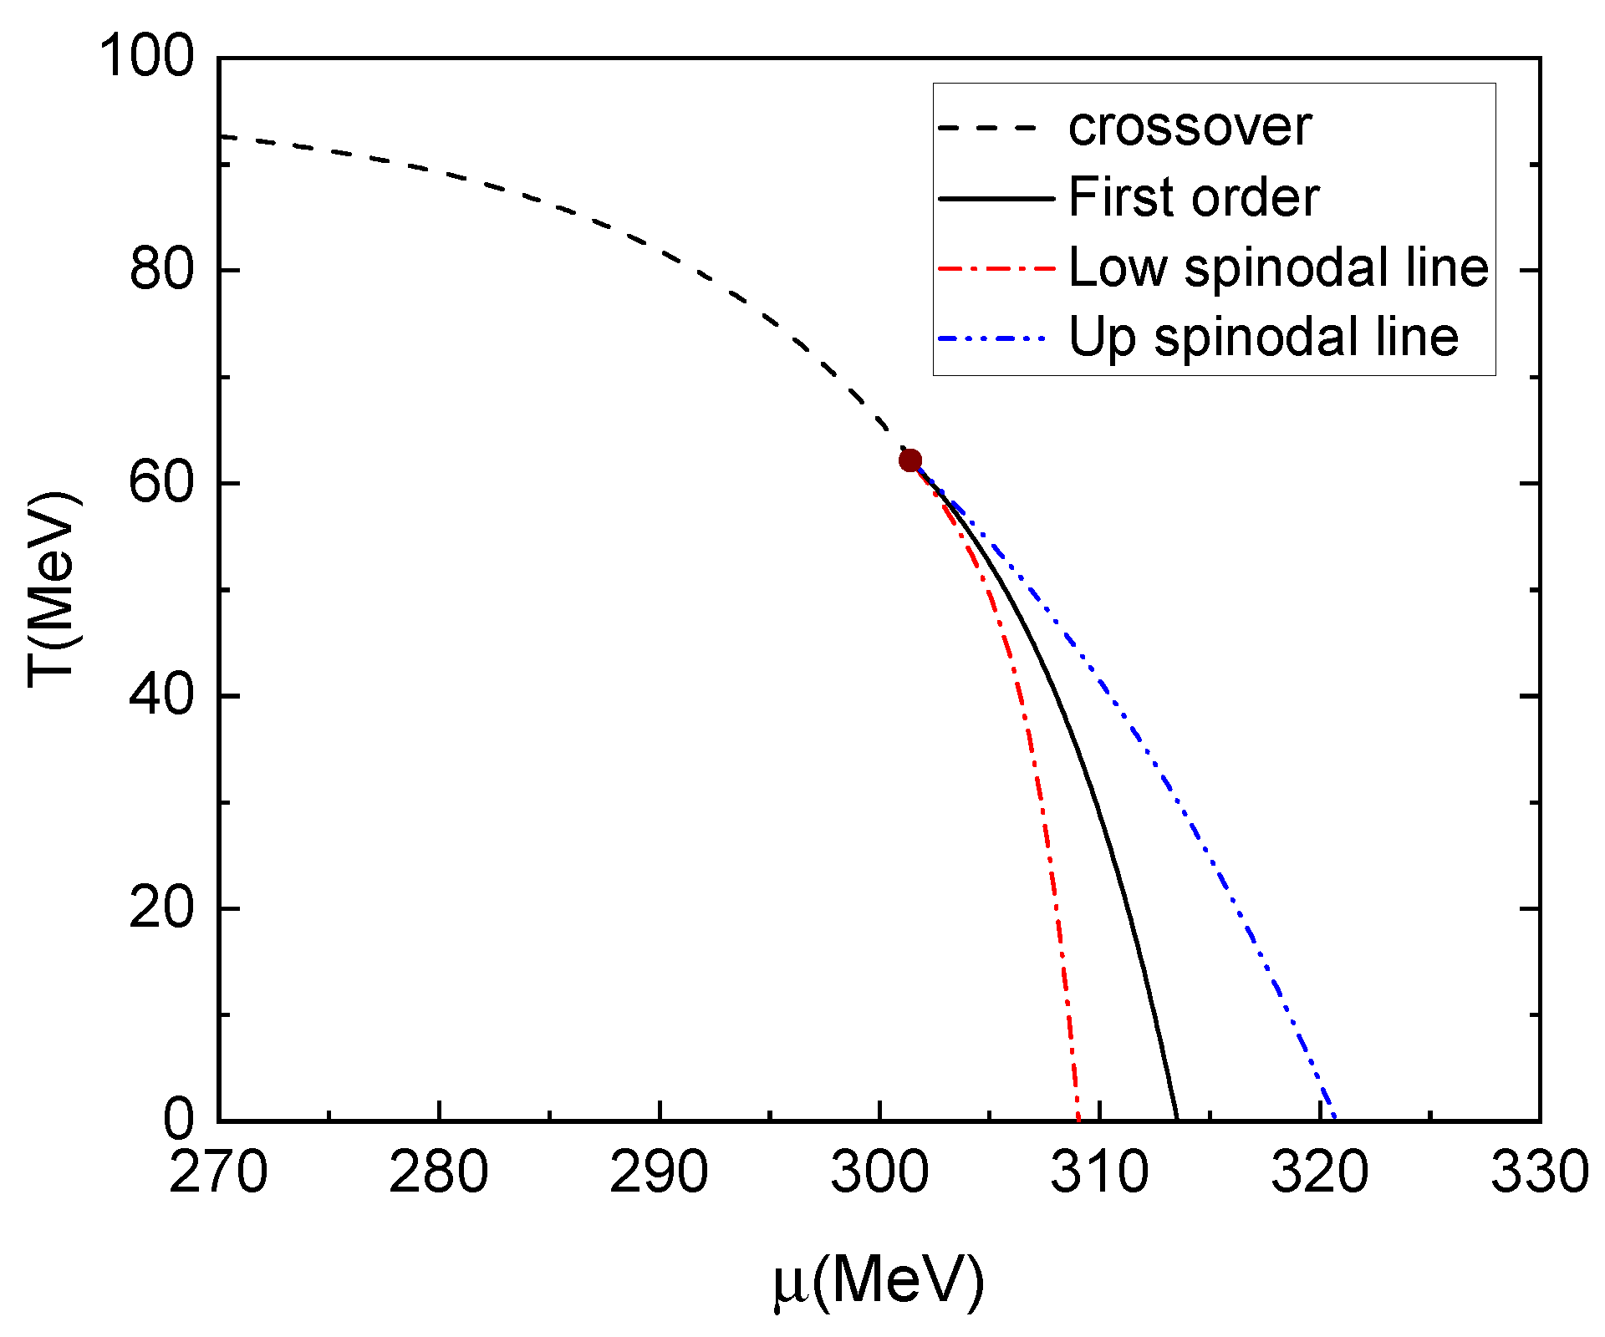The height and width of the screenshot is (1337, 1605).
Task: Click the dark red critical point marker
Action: (910, 460)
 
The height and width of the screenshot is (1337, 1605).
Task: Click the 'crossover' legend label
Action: (1190, 128)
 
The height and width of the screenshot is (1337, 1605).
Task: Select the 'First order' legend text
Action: (1194, 198)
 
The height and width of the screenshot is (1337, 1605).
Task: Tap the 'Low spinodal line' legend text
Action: (1279, 268)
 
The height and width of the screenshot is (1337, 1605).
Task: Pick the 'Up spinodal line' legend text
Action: (1264, 338)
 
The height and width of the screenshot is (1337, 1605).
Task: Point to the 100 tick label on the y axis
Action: (146, 58)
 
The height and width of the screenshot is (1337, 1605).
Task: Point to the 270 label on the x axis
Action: (218, 1172)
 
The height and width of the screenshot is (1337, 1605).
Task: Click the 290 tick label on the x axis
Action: (659, 1172)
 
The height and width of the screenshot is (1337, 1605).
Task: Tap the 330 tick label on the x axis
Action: (1540, 1172)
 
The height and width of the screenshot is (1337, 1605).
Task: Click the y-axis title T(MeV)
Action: (53, 589)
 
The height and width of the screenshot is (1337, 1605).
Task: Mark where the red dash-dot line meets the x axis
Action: (1078, 1119)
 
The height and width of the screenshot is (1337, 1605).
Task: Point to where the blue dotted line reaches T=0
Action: (1335, 1119)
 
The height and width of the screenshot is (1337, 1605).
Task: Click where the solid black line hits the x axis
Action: (1177, 1119)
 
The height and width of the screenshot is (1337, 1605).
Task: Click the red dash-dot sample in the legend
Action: (996, 269)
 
